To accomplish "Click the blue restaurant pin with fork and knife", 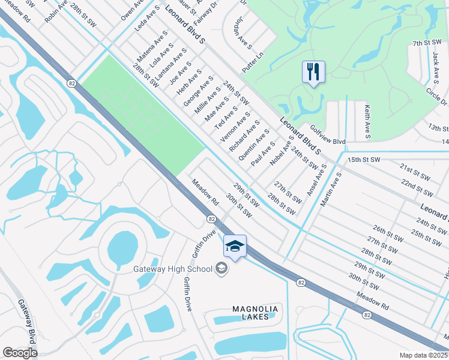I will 313,73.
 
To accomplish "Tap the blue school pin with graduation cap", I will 235,246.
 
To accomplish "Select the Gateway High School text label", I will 173,268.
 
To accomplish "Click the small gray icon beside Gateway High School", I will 221,268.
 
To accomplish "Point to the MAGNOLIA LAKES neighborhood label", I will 255,313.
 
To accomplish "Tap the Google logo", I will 20,353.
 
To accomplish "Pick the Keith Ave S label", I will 366,121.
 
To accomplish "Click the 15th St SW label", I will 364,160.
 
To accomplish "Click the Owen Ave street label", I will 130,12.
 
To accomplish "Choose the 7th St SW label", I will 426,43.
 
